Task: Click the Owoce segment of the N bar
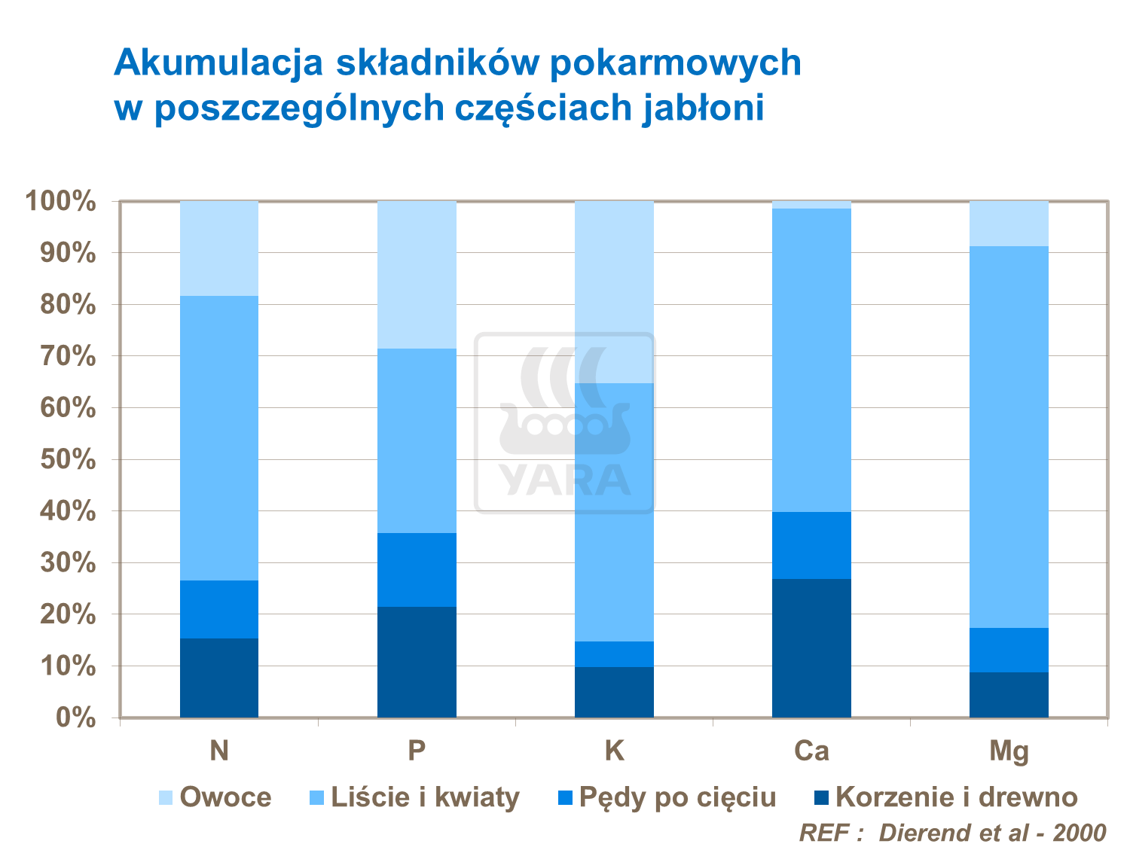(219, 248)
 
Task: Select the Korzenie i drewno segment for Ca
(811, 647)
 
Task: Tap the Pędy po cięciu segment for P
(417, 570)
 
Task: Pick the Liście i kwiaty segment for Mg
(1009, 437)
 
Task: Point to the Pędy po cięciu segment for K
(614, 654)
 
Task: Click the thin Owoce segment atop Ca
(811, 205)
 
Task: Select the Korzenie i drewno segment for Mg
(1009, 694)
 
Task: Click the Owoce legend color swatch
(166, 797)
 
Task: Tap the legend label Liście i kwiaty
(425, 797)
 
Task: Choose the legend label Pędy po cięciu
(677, 797)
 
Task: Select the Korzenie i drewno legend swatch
(822, 797)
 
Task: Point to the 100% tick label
(61, 202)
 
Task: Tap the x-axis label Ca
(811, 751)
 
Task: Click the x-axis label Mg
(1009, 751)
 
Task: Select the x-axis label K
(614, 751)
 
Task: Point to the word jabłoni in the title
(704, 108)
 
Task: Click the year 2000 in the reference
(1079, 833)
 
